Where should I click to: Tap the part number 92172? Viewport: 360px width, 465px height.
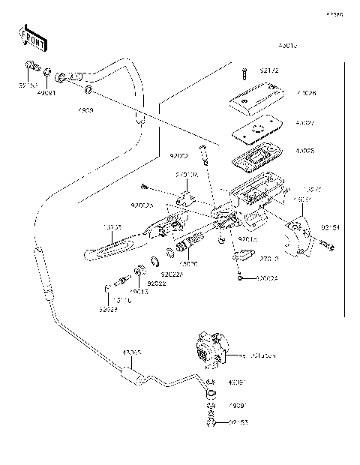tap(269, 72)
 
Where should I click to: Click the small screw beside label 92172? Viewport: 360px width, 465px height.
tap(244, 73)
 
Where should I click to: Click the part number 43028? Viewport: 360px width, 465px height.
tap(307, 151)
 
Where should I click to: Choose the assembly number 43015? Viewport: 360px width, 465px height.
tap(289, 45)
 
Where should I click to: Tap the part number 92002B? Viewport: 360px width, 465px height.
tap(142, 205)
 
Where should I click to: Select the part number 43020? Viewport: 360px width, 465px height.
tap(188, 264)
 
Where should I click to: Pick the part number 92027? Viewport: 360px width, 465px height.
tap(109, 309)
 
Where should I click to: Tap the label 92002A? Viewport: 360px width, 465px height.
tap(267, 278)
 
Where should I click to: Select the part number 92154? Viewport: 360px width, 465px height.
tap(331, 226)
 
